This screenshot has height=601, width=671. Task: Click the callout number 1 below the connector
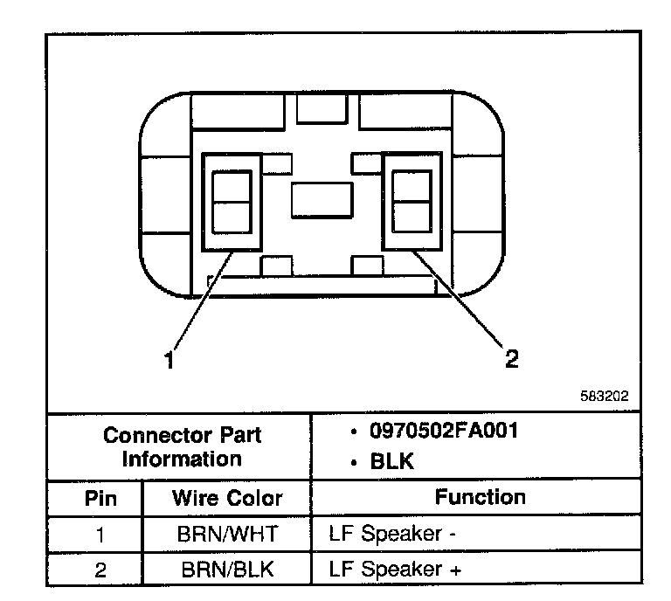[171, 360]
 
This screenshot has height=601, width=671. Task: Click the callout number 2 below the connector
[511, 359]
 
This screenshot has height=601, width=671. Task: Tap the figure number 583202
[605, 396]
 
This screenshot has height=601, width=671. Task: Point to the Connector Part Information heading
[182, 446]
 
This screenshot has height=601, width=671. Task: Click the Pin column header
[100, 498]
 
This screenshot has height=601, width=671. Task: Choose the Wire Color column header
[227, 498]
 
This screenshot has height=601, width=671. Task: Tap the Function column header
[481, 497]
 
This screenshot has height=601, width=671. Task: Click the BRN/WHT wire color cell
[227, 534]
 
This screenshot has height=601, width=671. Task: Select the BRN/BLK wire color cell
[227, 570]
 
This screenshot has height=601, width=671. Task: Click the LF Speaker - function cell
[393, 534]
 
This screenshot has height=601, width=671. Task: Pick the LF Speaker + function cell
[395, 570]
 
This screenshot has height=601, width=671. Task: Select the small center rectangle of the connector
[322, 200]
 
